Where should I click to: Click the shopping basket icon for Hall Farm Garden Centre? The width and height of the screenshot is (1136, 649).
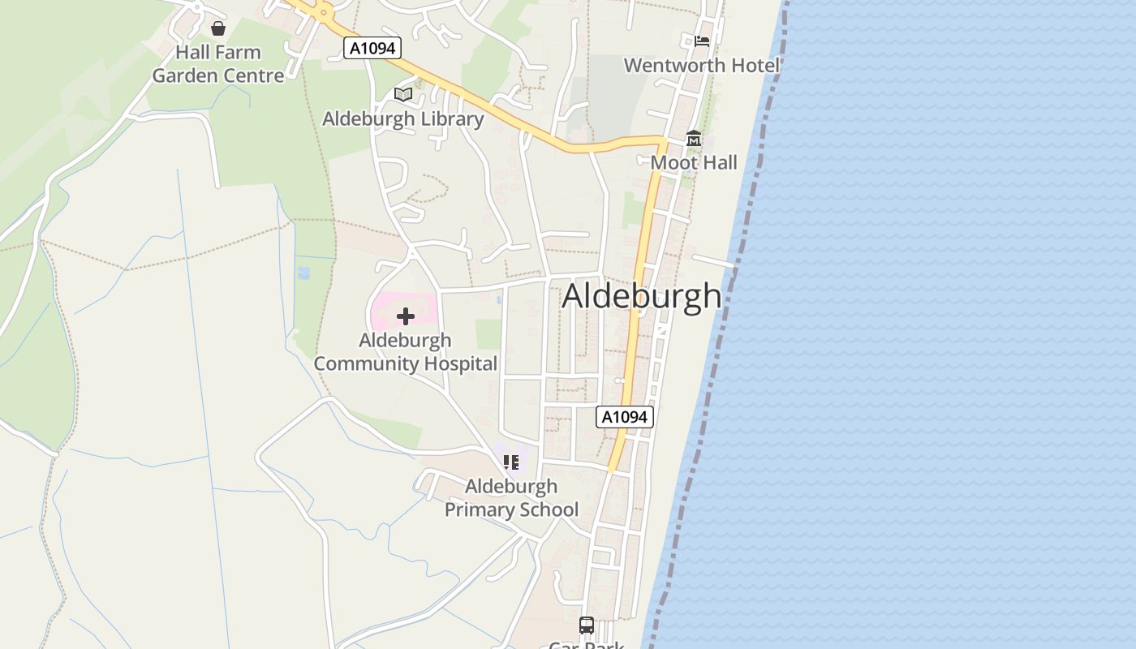217,29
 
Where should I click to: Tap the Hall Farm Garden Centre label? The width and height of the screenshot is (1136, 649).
218,64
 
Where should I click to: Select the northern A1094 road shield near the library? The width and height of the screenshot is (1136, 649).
373,48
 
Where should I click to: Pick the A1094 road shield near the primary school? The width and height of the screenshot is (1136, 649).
625,417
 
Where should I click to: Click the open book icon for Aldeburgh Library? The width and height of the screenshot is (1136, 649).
403,95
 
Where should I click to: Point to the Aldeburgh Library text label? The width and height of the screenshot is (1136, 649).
403,118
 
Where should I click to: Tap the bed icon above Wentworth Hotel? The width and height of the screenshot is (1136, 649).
702,41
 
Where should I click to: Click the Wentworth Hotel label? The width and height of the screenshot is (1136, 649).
701,65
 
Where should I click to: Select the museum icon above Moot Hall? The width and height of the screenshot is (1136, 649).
694,139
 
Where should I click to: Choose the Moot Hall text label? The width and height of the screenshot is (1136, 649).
694,162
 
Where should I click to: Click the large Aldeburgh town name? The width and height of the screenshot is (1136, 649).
641,295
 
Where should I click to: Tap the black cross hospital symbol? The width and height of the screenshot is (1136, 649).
406,316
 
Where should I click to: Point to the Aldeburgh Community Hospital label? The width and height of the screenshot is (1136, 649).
406,351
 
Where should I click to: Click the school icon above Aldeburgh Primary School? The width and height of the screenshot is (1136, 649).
510,462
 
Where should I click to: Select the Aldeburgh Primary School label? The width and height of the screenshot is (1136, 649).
511,497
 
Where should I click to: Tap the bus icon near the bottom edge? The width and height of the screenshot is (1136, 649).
587,625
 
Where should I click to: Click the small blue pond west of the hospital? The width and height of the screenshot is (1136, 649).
303,273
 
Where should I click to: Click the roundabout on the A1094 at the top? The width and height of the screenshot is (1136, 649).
325,11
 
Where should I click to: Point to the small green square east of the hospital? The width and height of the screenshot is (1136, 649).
488,333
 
